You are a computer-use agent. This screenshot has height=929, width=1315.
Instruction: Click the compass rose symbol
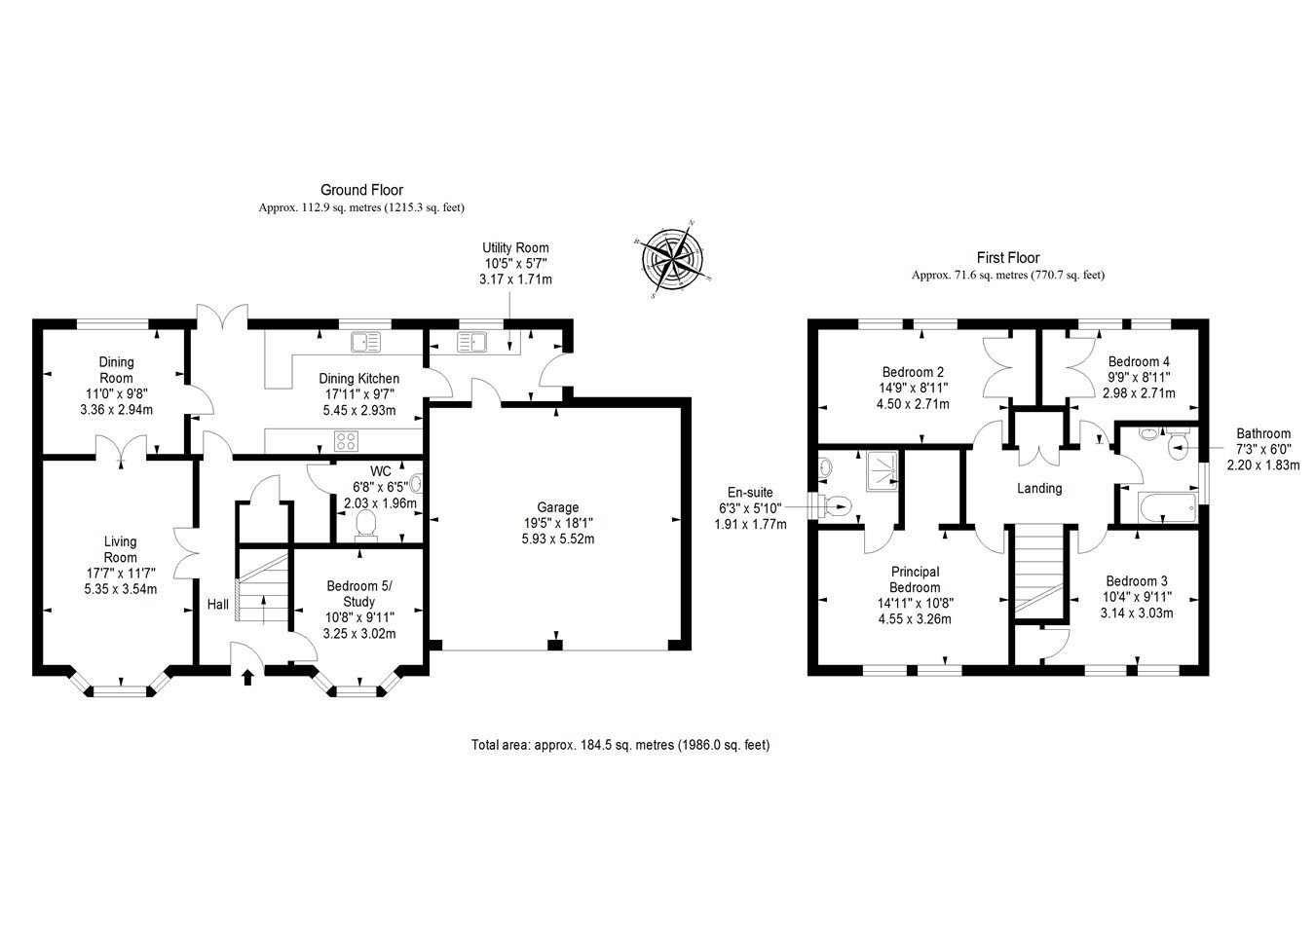point(671,258)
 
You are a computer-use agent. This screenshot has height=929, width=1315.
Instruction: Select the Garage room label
point(558,507)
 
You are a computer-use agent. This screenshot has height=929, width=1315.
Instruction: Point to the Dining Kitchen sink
point(368,341)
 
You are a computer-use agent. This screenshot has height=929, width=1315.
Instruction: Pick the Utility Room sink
point(471,342)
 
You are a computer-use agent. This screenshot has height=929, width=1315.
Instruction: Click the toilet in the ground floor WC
point(367,524)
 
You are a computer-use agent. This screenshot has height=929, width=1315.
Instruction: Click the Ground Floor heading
point(361,191)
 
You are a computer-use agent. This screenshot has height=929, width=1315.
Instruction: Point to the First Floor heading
point(1008,258)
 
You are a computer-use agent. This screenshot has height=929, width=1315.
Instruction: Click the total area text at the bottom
point(620,746)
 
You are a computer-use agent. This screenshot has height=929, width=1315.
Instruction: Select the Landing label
point(1038,488)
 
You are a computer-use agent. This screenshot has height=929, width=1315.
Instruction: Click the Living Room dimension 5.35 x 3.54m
point(120,588)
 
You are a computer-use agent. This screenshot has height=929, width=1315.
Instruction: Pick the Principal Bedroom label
point(915,579)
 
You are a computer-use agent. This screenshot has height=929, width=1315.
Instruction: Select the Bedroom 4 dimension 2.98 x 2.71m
point(1138,393)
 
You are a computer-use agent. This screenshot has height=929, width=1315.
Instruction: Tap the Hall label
point(218,605)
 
